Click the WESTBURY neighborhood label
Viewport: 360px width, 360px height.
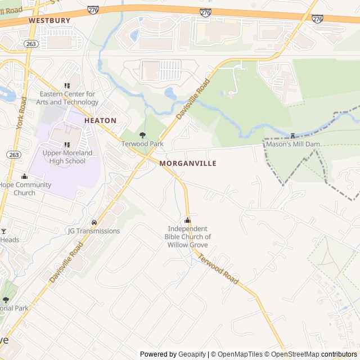(49, 20)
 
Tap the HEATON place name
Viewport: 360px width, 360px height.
(100, 120)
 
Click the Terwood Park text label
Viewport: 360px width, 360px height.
(142, 144)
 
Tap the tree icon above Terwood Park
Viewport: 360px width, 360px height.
(142, 135)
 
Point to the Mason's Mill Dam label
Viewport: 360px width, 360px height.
(292, 145)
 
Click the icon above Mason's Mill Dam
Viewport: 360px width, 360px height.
(292, 136)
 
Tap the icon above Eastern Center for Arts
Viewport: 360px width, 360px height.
(67, 86)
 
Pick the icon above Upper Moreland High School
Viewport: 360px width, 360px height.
(67, 145)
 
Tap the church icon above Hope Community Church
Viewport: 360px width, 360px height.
(24, 177)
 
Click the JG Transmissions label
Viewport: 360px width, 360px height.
(94, 231)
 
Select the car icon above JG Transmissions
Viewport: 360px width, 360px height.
(94, 222)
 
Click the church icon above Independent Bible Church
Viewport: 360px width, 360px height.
(188, 220)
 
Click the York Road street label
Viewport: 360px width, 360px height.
(22, 112)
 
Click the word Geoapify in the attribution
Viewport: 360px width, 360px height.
(192, 354)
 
